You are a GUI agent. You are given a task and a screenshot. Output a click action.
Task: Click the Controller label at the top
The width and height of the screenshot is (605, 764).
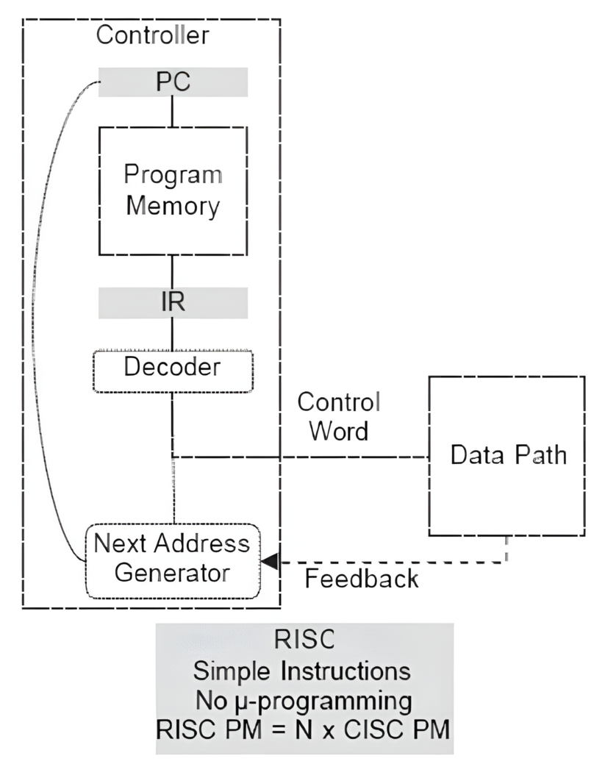(153, 35)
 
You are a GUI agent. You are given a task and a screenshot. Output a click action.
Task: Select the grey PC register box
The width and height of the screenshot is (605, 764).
(173, 82)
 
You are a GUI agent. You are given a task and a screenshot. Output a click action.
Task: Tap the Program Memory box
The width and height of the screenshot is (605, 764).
(173, 190)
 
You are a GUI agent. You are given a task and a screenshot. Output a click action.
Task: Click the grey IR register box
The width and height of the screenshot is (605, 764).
(173, 303)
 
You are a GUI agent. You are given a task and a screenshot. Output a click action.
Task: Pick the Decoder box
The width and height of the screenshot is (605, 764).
(173, 366)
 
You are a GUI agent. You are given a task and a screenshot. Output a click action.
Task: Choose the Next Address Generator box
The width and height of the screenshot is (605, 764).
(173, 559)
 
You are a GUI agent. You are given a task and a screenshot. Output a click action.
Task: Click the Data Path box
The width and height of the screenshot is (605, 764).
(508, 455)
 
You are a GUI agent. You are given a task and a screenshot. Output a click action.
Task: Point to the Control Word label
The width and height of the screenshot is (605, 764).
(338, 416)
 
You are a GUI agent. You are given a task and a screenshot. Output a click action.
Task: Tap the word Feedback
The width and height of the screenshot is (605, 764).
(361, 579)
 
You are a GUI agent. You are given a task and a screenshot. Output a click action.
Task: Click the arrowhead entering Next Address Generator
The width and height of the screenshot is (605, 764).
(270, 562)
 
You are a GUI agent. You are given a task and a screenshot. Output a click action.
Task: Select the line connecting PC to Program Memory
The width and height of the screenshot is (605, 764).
(173, 112)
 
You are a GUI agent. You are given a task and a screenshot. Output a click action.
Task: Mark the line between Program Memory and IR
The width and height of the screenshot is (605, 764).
(173, 271)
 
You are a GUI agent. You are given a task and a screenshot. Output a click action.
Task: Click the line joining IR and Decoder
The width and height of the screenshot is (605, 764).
(173, 335)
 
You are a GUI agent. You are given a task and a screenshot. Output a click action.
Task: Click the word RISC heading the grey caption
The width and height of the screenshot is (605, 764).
(304, 640)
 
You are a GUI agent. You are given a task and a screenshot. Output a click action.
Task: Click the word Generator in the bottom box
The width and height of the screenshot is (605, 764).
(173, 573)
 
